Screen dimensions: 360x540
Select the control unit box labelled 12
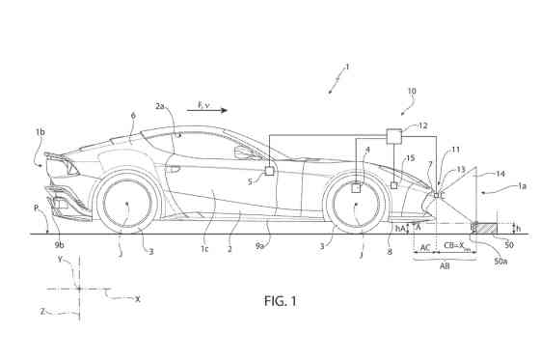tap(393, 136)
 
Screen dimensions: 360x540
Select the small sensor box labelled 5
tap(269, 171)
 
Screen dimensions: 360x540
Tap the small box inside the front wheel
tap(356, 188)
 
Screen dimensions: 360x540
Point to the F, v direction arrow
tap(208, 111)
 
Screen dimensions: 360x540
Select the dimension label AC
tap(425, 247)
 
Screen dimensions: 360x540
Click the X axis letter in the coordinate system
tap(138, 299)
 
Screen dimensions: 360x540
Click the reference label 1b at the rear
tap(40, 128)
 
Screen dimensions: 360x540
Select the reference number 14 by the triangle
tap(471, 176)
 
